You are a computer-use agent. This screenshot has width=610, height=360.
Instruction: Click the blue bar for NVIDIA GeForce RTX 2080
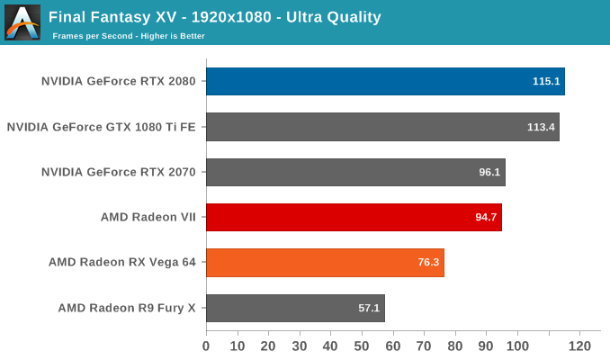pos(385,81)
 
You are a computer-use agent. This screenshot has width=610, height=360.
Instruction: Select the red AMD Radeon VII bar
pos(354,217)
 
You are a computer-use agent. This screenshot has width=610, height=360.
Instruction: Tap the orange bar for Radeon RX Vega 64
pos(325,263)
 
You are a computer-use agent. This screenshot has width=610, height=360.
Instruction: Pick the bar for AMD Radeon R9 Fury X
pos(295,308)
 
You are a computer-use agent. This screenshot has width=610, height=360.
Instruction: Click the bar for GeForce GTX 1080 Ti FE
pos(382,127)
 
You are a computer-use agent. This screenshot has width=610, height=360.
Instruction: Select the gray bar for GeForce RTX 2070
pos(355,172)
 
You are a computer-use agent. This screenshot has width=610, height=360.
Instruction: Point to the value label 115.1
pos(546,81)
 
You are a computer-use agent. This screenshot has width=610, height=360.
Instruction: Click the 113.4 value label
pos(541,127)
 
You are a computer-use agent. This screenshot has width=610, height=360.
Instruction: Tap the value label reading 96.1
pos(489,172)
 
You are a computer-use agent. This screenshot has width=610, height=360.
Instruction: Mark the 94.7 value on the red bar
pos(485,217)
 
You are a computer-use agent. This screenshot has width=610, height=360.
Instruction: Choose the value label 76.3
pos(427,263)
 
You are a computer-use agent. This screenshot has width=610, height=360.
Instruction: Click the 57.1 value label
pos(369,308)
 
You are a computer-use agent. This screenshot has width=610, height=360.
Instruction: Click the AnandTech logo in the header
pos(22,22)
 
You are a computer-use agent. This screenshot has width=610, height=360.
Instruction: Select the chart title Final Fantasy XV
pos(215,17)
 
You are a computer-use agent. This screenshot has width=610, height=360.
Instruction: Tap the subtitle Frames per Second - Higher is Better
pos(129,36)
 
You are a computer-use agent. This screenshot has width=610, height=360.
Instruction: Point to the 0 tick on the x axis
pos(206,346)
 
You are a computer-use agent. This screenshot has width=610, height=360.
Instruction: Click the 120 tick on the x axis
pos(579,346)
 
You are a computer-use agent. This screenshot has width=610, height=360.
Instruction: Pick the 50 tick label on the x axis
pos(361,346)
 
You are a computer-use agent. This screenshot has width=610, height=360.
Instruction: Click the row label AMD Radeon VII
pos(148,217)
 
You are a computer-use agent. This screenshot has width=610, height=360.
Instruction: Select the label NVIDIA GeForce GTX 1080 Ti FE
pos(101,127)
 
